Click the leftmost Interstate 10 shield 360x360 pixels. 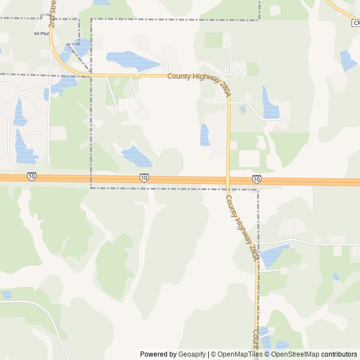(31, 177)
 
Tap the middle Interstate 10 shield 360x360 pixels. (144, 178)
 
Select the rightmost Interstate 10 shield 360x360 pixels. (256, 179)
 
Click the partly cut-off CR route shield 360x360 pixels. (355, 23)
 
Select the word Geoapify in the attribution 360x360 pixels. (192, 354)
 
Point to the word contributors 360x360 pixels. (339, 354)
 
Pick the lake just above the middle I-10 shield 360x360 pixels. (136, 156)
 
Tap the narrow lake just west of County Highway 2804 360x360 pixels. (205, 135)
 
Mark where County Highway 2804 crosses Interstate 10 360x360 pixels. (228, 181)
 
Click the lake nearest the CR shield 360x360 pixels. (347, 60)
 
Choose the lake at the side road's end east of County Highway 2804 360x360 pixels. (270, 104)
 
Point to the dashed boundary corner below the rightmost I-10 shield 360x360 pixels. (258, 190)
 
